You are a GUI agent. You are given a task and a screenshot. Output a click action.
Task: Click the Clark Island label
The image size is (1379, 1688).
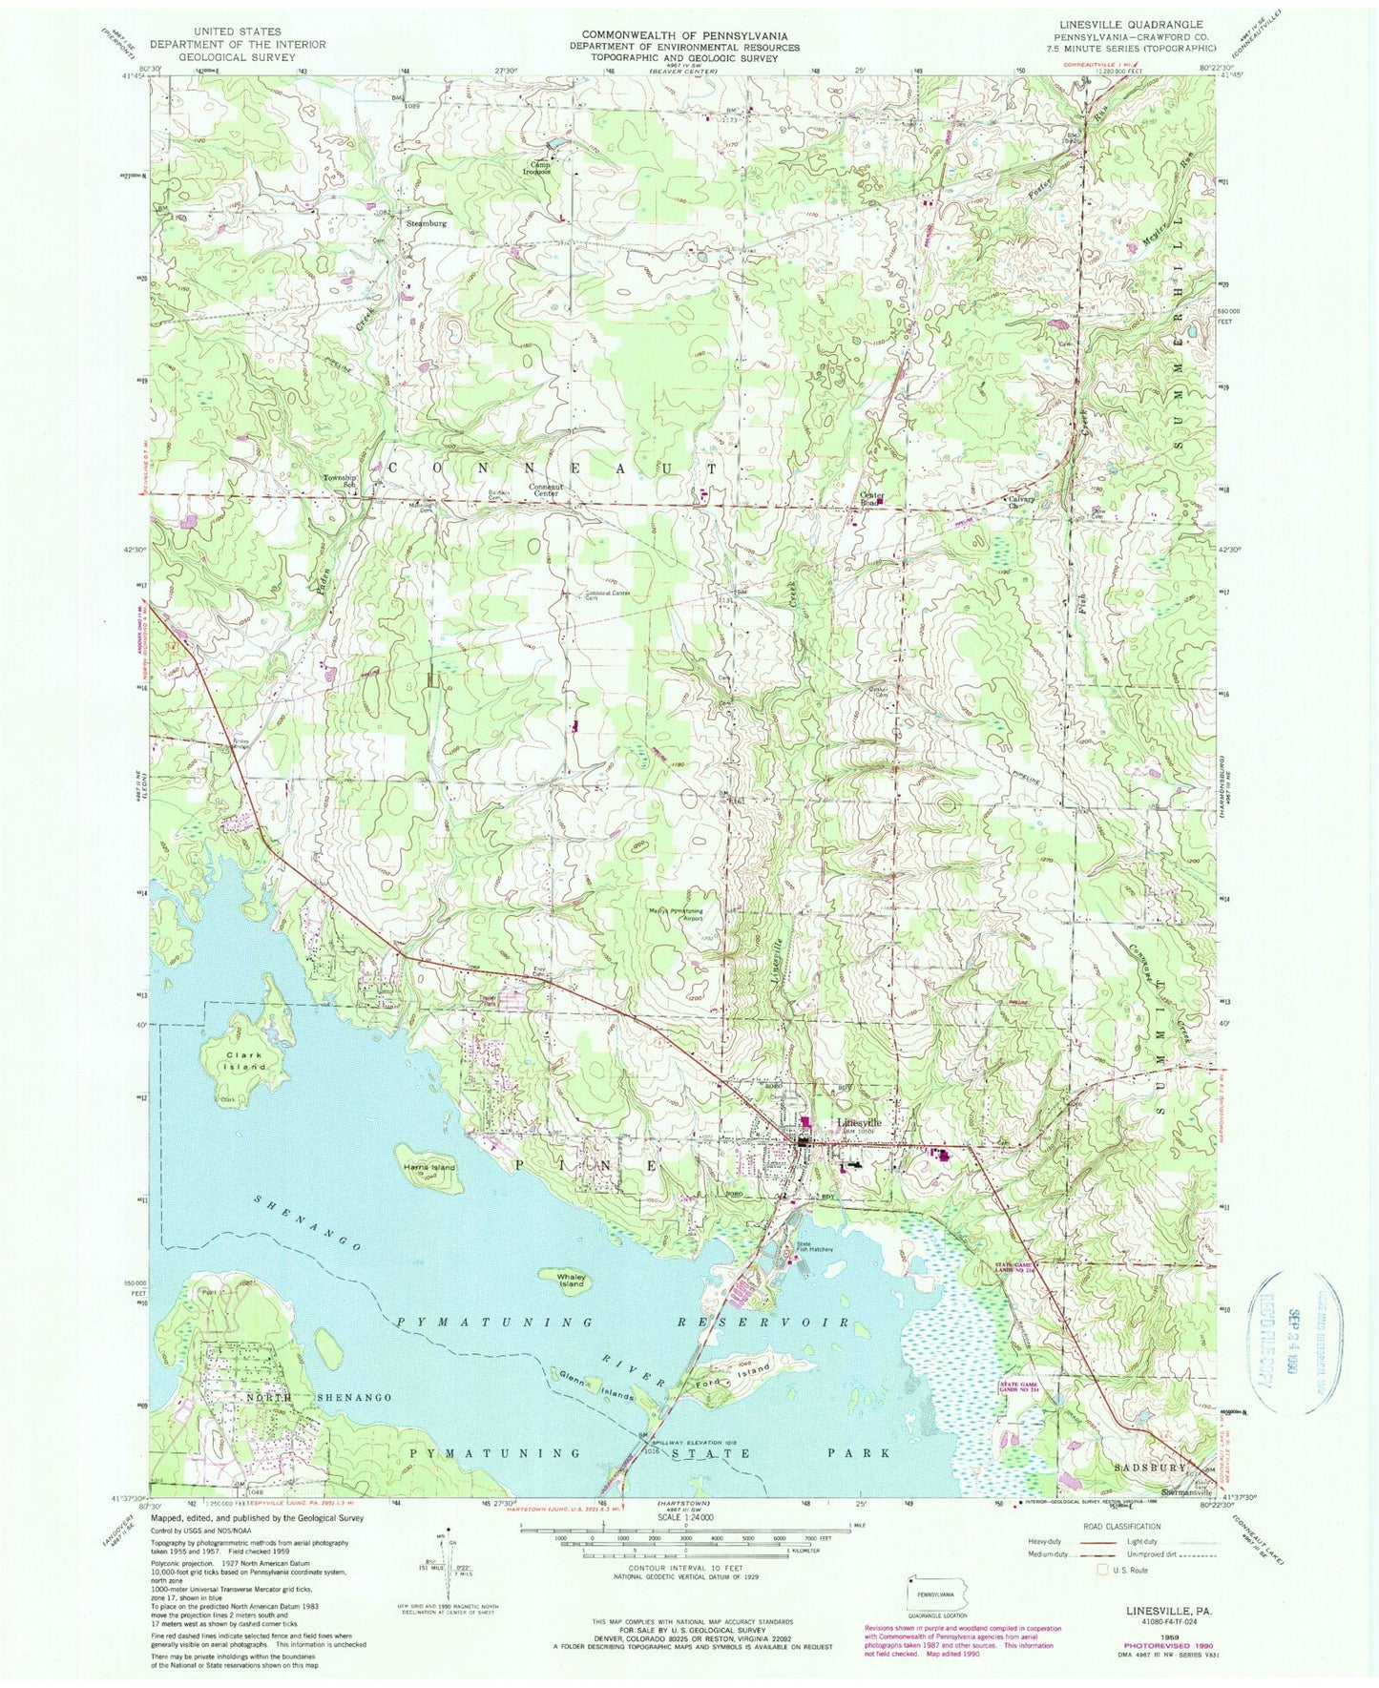(236, 1060)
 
